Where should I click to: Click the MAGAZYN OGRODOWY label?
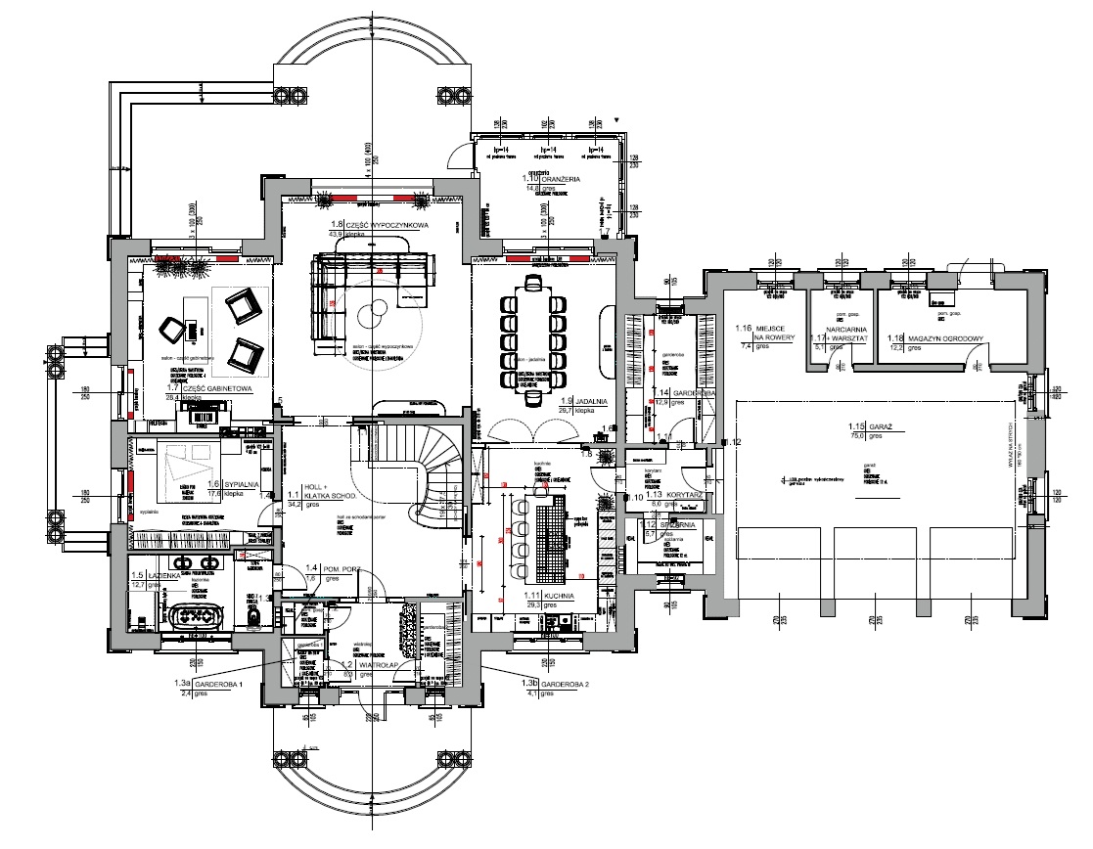point(944,338)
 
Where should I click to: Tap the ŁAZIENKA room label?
point(161,575)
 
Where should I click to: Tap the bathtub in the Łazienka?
point(200,617)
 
